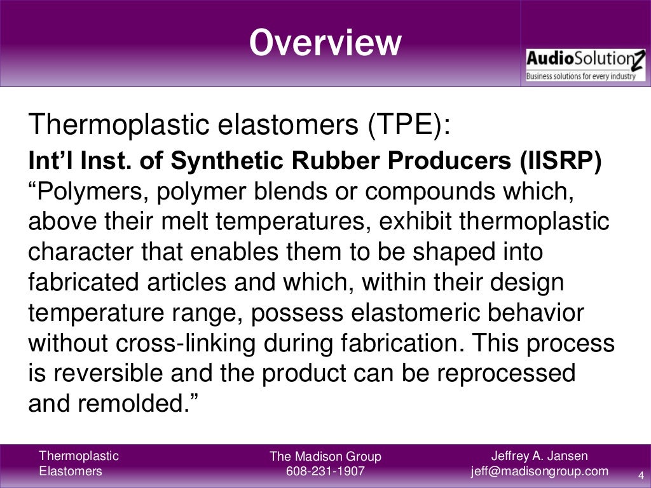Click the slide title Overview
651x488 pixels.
[325, 43]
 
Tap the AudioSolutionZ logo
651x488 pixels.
[585, 65]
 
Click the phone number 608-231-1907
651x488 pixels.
[325, 471]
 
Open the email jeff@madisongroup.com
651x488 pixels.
[540, 471]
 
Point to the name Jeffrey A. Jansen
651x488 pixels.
[540, 456]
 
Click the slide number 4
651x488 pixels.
[640, 474]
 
